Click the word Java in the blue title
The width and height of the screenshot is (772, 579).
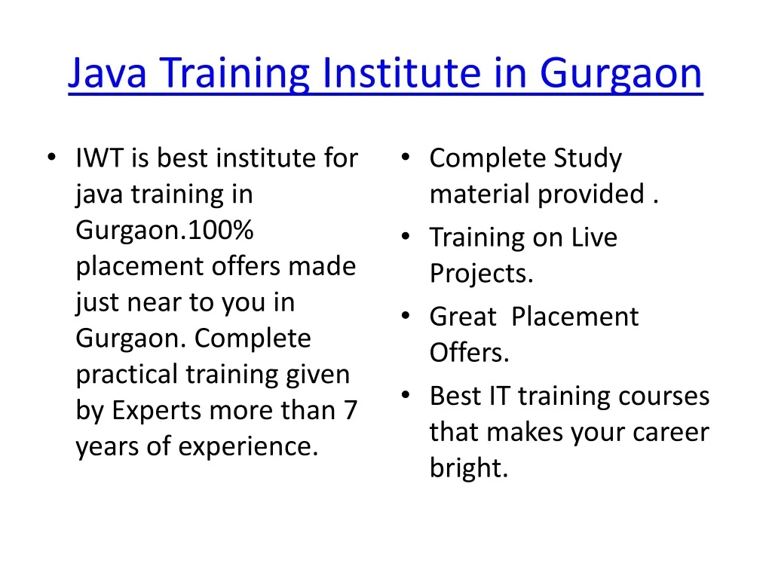[x=107, y=74]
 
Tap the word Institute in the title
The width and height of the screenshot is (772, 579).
[x=402, y=72]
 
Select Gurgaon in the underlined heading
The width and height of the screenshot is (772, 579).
[x=621, y=75]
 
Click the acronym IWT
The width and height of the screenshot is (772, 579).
[x=100, y=158]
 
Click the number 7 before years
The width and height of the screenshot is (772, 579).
[x=351, y=410]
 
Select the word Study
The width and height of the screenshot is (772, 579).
[x=587, y=159]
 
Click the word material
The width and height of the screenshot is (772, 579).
[x=479, y=194]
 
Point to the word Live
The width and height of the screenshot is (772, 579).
[x=594, y=237]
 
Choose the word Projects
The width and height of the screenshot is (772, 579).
[x=481, y=274]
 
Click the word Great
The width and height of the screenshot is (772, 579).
[x=463, y=317]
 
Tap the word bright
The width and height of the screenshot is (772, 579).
[x=468, y=467]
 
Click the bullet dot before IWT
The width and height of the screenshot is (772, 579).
[x=52, y=158]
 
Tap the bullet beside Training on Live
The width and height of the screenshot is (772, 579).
[x=405, y=237]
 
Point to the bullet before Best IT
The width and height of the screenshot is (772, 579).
[x=405, y=395]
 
